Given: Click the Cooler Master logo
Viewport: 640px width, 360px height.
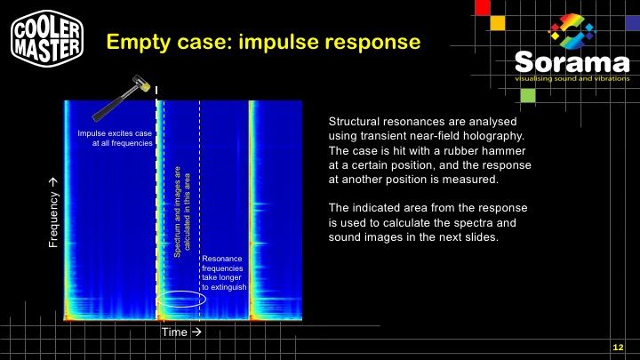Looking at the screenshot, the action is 47,39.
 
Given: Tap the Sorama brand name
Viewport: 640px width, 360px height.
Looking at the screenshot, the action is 572,62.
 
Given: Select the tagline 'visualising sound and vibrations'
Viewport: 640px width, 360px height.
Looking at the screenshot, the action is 572,78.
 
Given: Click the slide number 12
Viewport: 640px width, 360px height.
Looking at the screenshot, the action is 618,348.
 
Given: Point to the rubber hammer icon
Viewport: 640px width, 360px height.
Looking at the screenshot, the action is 122,98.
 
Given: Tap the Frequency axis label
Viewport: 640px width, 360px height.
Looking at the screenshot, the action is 53,212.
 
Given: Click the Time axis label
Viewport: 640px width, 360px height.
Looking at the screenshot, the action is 174,332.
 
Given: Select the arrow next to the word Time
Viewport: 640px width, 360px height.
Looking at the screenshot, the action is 196,332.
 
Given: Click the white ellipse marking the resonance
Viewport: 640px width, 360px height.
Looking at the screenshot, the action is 181,292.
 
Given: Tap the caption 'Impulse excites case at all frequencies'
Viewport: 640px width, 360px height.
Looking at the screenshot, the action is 115,138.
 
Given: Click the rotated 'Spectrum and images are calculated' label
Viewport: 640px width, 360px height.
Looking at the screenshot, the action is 181,212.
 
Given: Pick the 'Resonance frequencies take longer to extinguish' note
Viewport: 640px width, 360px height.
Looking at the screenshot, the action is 224,273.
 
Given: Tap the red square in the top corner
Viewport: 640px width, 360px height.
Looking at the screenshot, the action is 483,7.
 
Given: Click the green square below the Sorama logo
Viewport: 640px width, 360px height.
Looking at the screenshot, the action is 528,95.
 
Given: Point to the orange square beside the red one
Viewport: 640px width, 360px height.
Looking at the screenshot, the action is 498,23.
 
